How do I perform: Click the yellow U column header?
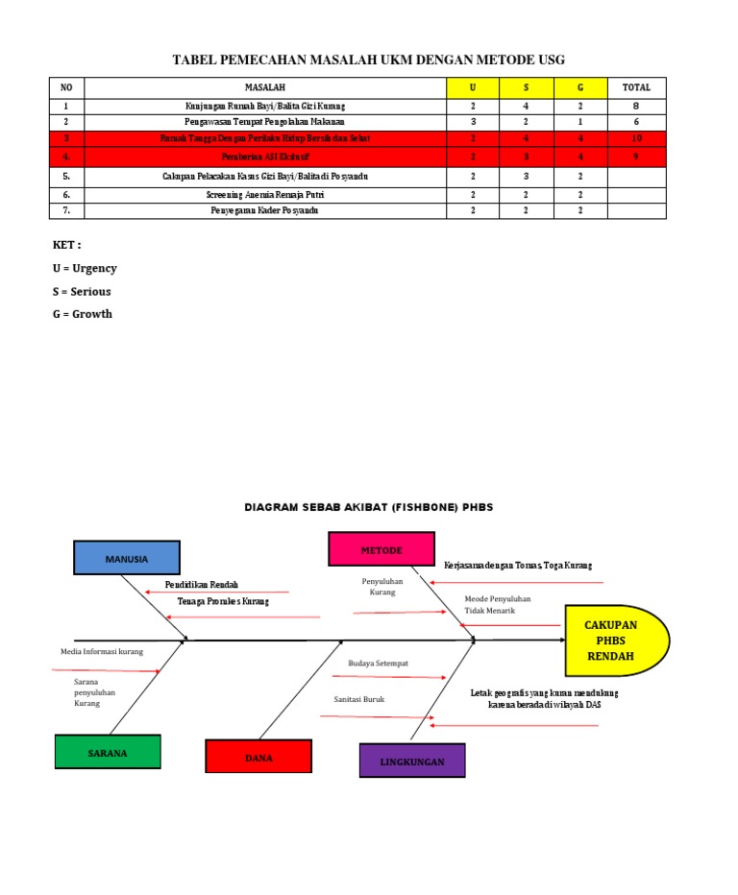pos(473,87)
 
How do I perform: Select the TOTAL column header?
pos(636,87)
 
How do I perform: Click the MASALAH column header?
pos(264,87)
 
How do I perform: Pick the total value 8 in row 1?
pos(636,106)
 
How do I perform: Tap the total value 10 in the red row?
pos(636,138)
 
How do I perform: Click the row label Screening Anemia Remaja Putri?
pos(264,194)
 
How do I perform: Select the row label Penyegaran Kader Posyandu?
pos(264,210)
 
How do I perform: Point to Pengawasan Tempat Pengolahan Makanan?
pos(264,122)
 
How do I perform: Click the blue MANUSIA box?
pos(126,558)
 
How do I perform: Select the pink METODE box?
pos(381,550)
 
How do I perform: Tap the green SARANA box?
pos(108,753)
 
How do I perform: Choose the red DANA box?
pos(258,757)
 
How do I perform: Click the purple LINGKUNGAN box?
pos(412,761)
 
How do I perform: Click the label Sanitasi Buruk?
pos(359,699)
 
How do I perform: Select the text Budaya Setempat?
pos(372,663)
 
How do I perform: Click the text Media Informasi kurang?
pos(102,651)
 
